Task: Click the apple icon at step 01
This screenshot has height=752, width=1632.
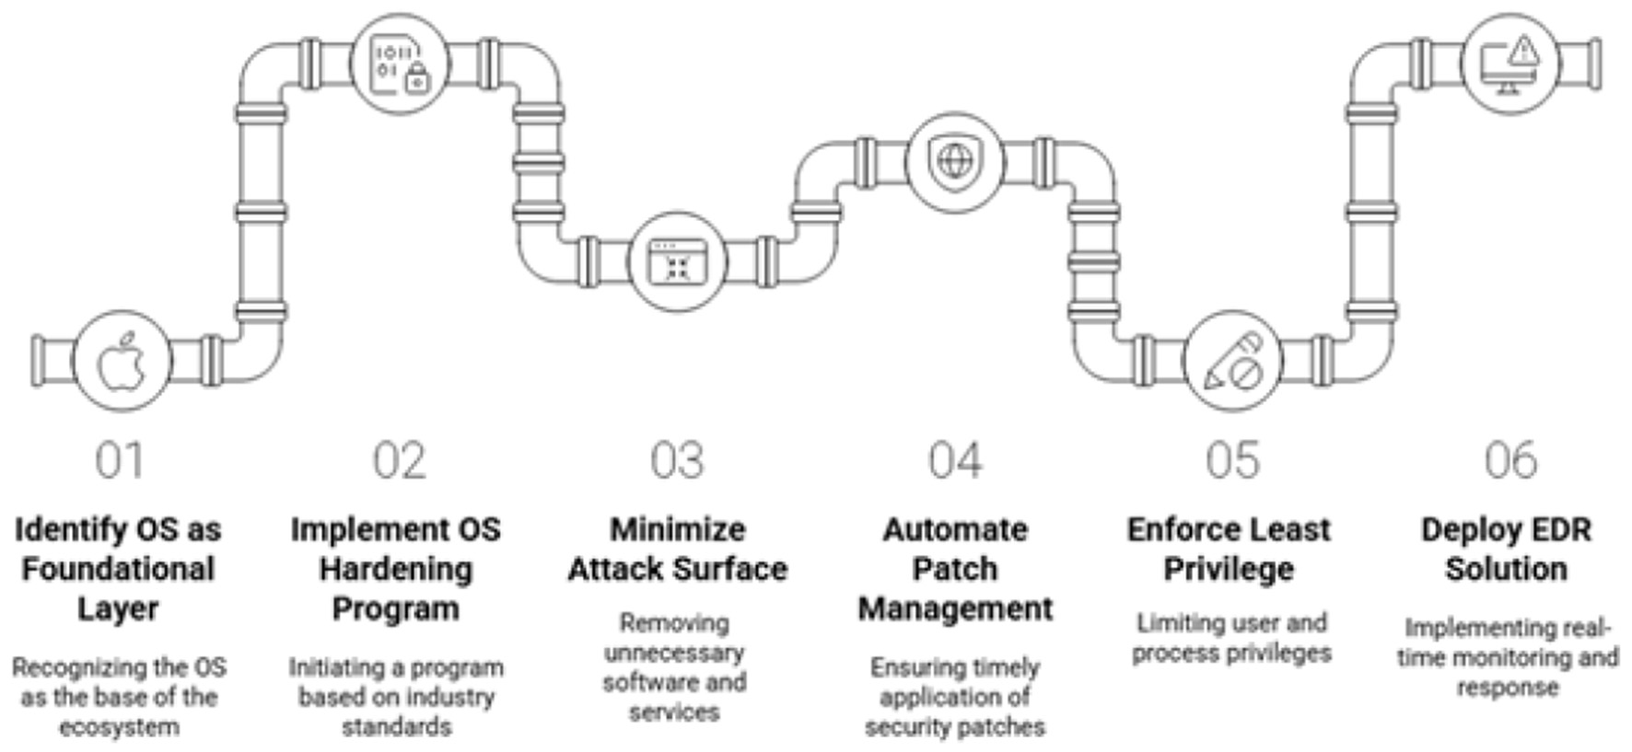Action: click(x=122, y=361)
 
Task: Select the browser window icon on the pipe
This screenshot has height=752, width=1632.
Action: click(x=677, y=261)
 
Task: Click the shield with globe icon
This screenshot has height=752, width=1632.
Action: click(x=954, y=162)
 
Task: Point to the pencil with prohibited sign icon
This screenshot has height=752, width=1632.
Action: click(x=1232, y=361)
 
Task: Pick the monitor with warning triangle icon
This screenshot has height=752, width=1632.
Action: click(x=1510, y=63)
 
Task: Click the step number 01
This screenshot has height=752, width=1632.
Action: click(x=120, y=460)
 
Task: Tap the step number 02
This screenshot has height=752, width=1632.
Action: click(x=400, y=460)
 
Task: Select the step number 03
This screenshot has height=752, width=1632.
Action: click(x=677, y=460)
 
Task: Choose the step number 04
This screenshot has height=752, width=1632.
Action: click(x=955, y=460)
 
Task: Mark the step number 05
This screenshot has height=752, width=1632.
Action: click(x=1232, y=460)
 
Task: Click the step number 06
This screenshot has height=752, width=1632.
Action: click(x=1510, y=460)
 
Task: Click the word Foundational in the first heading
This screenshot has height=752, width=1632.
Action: click(x=118, y=569)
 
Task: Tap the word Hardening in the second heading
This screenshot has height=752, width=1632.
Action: click(x=396, y=569)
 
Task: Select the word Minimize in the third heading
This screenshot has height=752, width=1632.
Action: click(x=677, y=529)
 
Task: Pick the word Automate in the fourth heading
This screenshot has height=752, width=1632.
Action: click(x=955, y=529)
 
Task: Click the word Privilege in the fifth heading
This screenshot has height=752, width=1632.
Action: click(x=1229, y=569)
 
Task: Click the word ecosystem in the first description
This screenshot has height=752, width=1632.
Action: click(x=119, y=727)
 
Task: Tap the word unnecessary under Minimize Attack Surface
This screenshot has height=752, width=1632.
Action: click(x=674, y=653)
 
